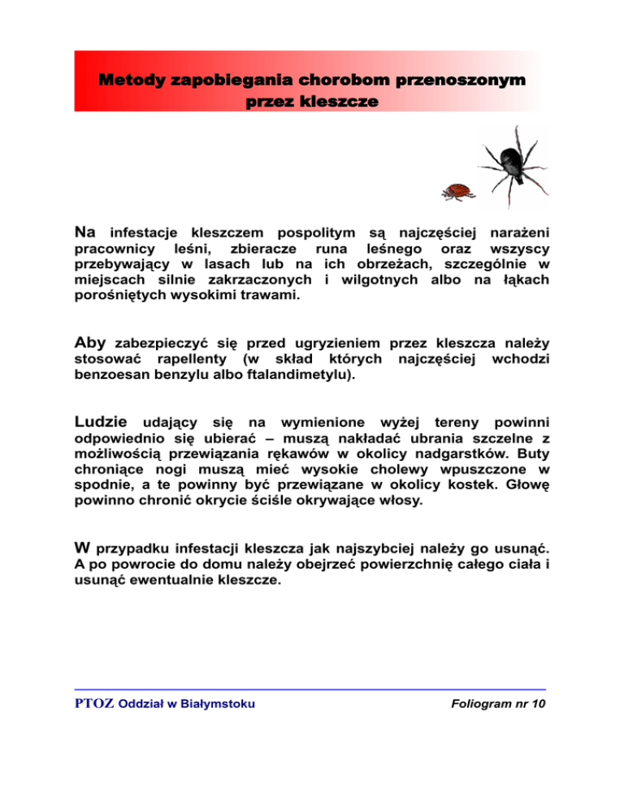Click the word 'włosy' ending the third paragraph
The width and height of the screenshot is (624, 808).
(x=401, y=502)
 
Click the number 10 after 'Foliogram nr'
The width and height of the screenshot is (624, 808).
(x=537, y=704)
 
